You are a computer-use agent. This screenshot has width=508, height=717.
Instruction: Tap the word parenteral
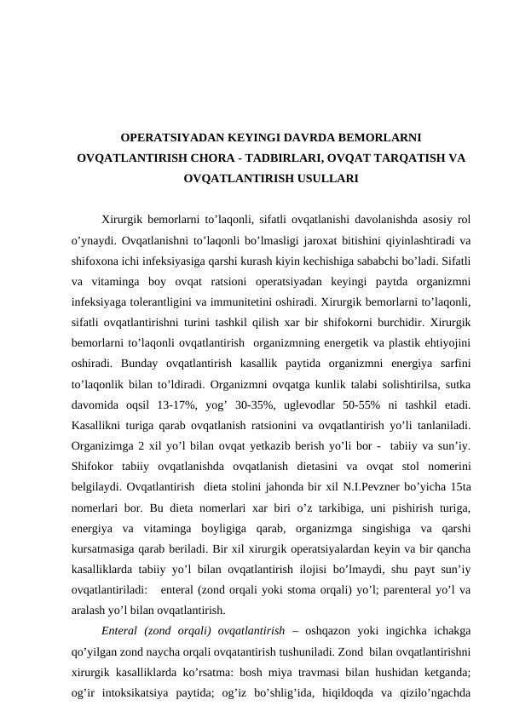[x=404, y=591]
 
